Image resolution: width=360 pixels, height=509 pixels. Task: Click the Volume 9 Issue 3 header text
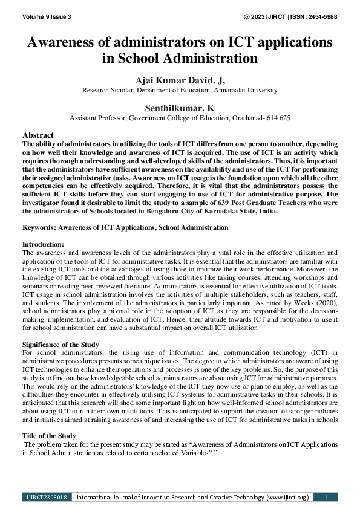47,16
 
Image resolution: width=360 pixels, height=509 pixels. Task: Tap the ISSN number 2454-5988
320,16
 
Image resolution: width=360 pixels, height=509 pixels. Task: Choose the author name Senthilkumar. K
180,107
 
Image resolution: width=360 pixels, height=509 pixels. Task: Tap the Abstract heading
38,135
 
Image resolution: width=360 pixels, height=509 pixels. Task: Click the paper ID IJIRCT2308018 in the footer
47,497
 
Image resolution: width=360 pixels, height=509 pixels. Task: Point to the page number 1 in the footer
326,497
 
